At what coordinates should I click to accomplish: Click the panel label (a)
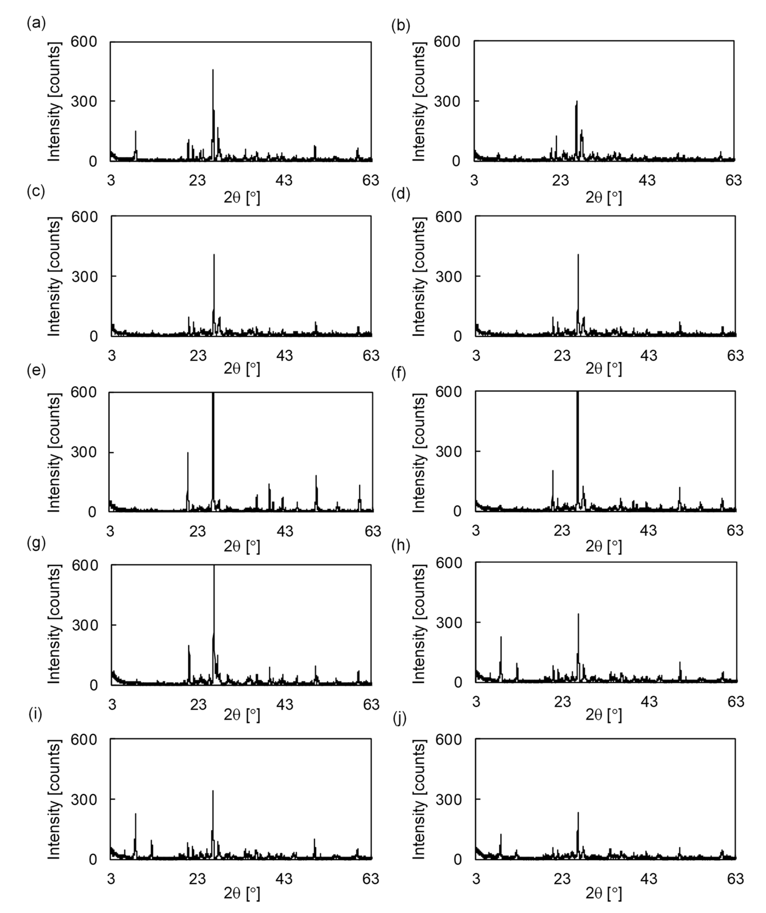36,23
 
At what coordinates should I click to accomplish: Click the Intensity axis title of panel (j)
418,800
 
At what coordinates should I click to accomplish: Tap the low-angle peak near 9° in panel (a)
136,131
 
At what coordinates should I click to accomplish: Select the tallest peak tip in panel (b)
577,101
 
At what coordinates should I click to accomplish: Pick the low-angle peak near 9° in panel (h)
501,637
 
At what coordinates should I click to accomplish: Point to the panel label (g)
36,544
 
